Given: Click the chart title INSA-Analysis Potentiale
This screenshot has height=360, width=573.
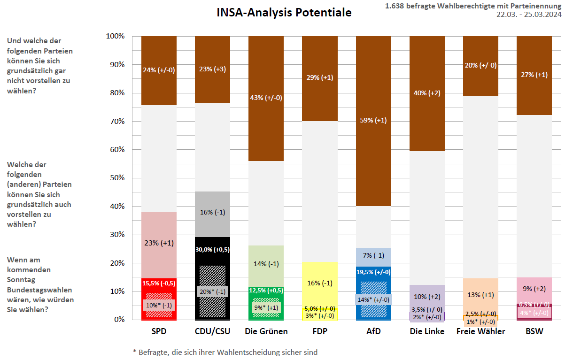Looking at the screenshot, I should pos(284,13).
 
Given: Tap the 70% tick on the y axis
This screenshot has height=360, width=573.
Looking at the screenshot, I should pos(115,122).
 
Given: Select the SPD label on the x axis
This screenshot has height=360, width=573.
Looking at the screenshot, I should pos(159,331).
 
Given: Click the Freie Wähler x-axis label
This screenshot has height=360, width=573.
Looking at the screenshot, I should pos(480,331).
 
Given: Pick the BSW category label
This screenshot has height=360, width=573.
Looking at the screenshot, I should pos(534,331).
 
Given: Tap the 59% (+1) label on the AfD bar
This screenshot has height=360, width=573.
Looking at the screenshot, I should pos(373,120).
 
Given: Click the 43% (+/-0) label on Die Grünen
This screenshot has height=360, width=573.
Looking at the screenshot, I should pos(266,98).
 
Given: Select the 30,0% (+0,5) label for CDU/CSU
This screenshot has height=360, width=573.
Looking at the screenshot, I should pos(212,250).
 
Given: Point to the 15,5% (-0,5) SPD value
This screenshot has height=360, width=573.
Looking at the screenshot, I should pos(159,283).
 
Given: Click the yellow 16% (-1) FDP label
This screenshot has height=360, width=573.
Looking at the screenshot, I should pos(319,283).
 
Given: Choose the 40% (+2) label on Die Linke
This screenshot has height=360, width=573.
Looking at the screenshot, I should pos(427,93).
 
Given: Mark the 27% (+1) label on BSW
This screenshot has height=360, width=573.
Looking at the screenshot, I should pos(534,75).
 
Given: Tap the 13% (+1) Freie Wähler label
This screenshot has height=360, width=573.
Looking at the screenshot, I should pos(480,295).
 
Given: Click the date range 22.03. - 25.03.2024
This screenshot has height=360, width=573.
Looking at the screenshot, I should pos(528,14).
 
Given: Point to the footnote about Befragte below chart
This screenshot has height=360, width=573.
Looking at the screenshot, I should pos(225,352).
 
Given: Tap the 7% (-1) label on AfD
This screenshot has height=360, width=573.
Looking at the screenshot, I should pos(373,255).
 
